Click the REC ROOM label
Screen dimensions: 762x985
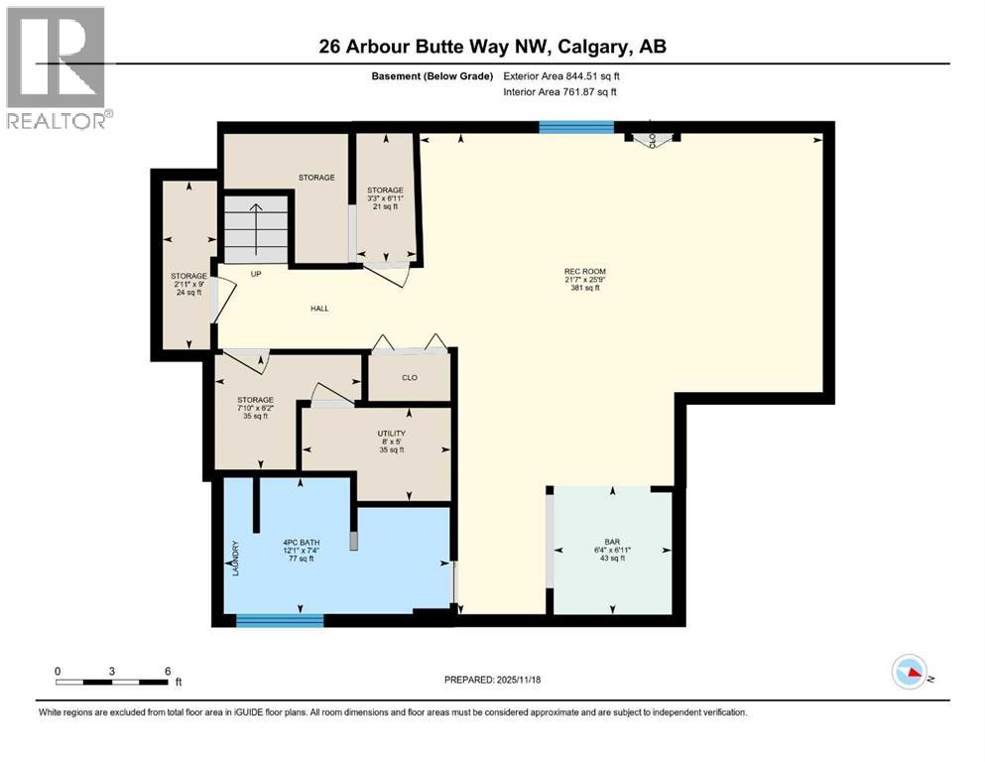point(584,271)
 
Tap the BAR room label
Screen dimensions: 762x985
point(612,543)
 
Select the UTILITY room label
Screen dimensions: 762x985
point(391,434)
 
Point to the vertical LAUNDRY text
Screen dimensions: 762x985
point(235,558)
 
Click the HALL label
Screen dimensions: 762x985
point(318,309)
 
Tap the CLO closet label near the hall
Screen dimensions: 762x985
point(409,377)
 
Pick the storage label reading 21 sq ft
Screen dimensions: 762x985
point(385,198)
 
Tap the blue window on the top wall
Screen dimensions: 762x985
point(576,126)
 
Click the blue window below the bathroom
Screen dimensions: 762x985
point(280,621)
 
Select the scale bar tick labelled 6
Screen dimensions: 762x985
point(168,672)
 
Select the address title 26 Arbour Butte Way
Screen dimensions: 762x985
point(500,46)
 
